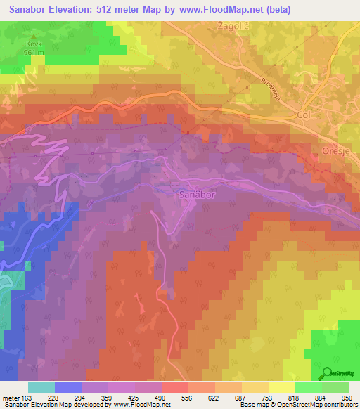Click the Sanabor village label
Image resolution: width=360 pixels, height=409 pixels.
[x=195, y=193]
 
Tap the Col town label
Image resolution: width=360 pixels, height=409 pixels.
[x=304, y=114]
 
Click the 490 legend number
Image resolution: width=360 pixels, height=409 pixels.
[x=161, y=398]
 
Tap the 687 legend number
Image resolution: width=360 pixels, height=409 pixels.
[x=240, y=398]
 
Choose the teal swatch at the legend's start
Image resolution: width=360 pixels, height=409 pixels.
[x=41, y=387]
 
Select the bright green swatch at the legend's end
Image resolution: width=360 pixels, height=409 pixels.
[x=334, y=387]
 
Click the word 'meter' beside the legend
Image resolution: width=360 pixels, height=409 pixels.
[x=11, y=398]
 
